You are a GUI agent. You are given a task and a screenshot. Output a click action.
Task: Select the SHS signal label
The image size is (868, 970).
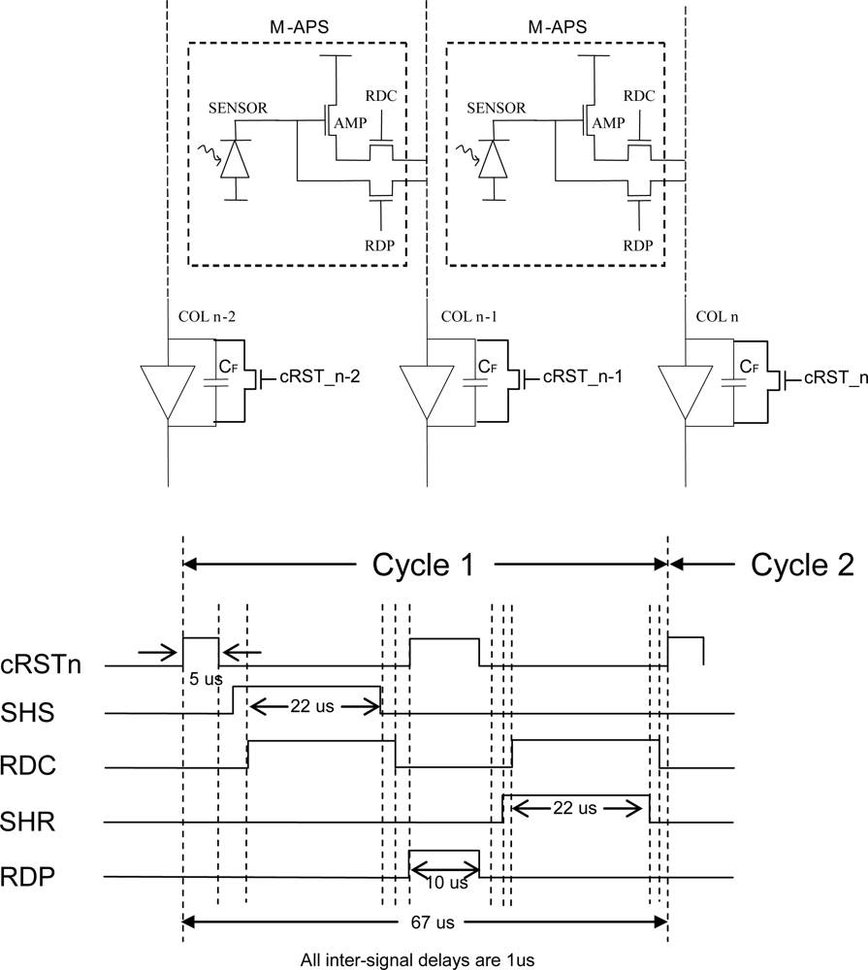coord(27,713)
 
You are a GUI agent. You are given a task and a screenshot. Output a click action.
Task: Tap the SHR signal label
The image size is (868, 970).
coord(27,822)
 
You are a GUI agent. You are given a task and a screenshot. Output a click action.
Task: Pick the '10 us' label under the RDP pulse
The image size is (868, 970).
coord(445,883)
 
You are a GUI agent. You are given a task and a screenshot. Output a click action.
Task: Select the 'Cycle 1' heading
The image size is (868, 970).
coord(424,566)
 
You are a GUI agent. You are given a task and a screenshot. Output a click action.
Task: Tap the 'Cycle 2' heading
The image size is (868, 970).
coord(802,566)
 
